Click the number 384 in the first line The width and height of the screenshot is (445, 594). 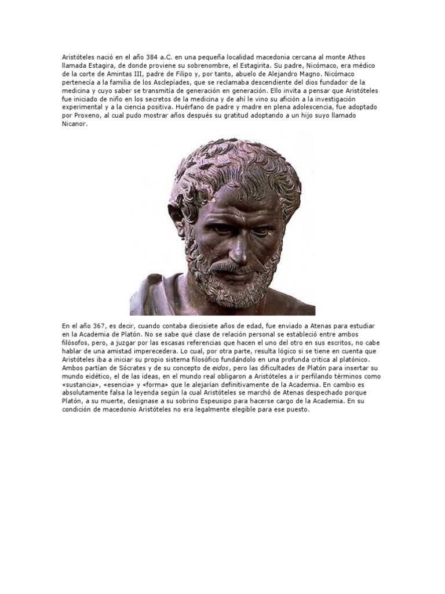(149, 57)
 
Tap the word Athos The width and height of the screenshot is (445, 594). (369, 57)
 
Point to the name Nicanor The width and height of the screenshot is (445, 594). (74, 124)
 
